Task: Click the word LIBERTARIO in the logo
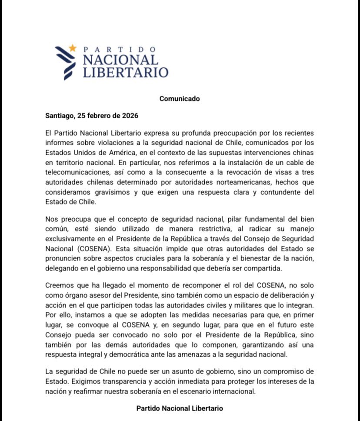[x=125, y=72]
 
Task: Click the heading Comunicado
[x=180, y=99]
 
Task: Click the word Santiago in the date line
[x=59, y=116]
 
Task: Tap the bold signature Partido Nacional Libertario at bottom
[x=180, y=408]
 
